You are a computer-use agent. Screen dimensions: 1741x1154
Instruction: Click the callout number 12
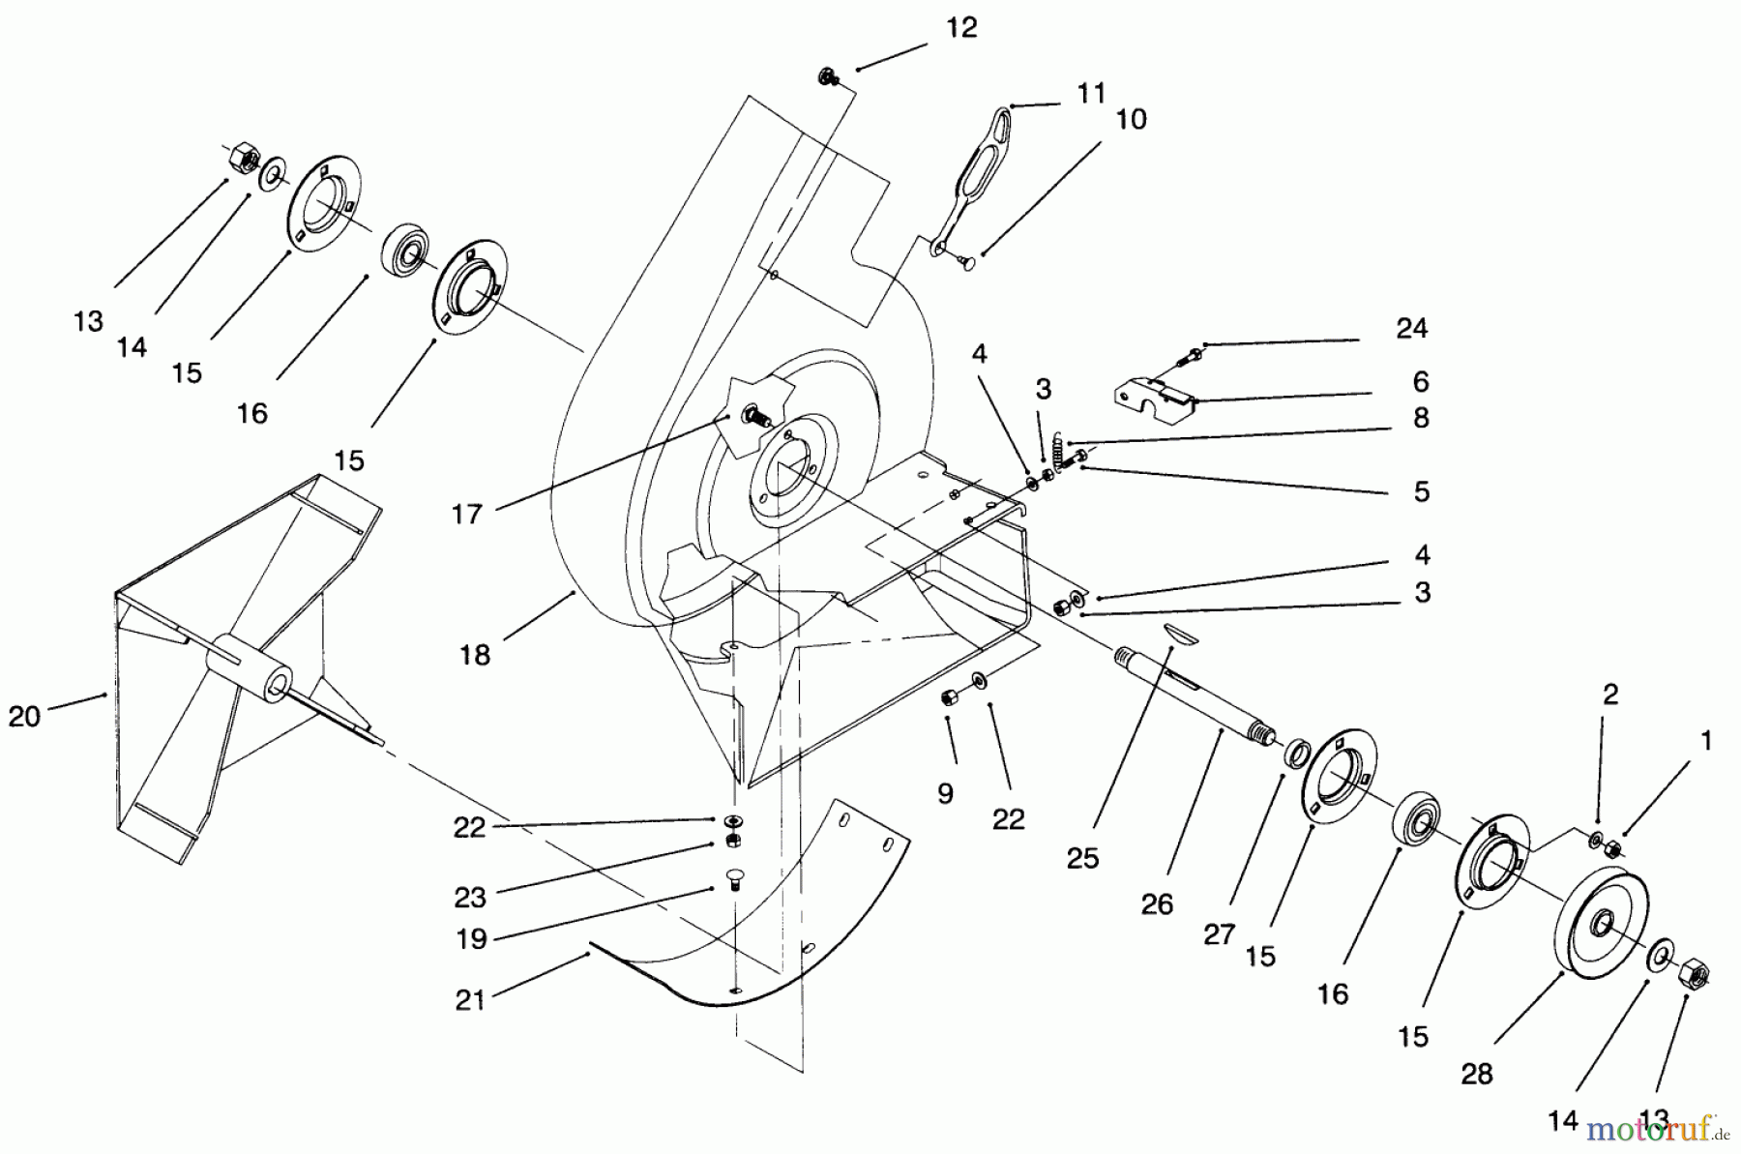click(x=961, y=27)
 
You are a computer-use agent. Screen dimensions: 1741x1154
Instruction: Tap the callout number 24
click(x=1411, y=329)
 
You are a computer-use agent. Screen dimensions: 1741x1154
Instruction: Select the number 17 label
click(x=466, y=514)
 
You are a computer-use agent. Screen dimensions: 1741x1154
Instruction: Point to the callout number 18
click(x=474, y=655)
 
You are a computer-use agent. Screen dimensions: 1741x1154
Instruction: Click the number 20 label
click(x=24, y=717)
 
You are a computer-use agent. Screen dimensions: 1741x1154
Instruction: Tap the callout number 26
click(x=1157, y=904)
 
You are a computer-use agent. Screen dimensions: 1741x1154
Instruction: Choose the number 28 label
click(x=1477, y=1074)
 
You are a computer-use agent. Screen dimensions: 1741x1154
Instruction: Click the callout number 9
click(x=945, y=793)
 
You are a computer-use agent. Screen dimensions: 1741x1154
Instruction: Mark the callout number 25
click(x=1082, y=858)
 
